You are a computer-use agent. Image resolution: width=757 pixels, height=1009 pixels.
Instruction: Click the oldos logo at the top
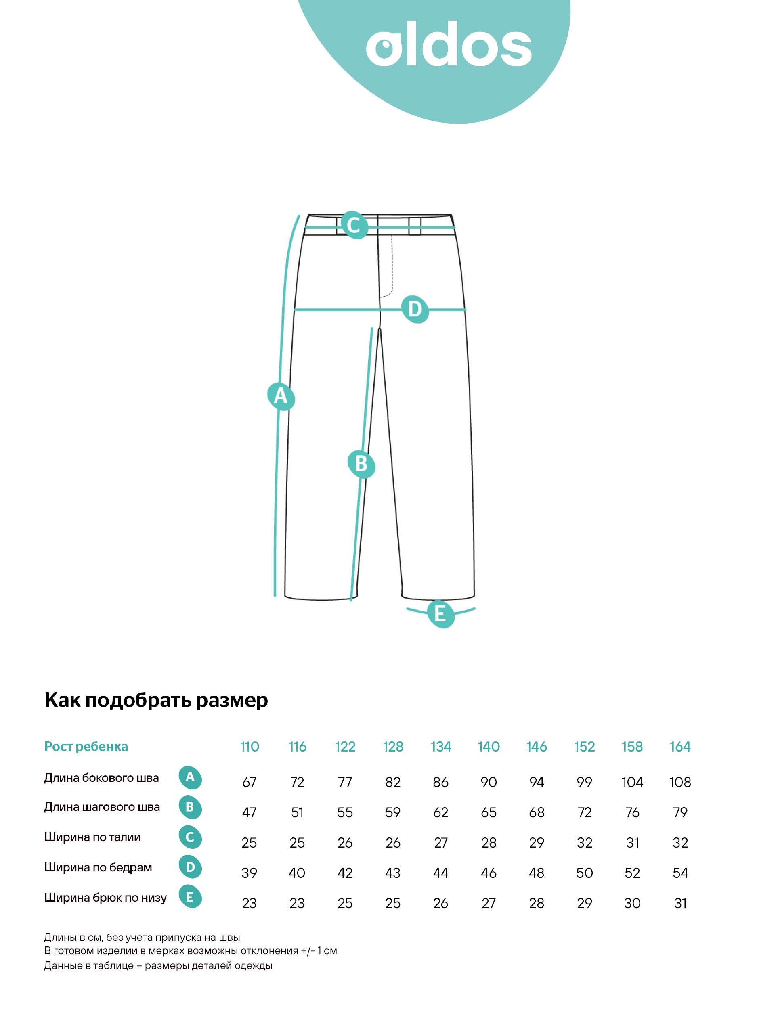tap(449, 44)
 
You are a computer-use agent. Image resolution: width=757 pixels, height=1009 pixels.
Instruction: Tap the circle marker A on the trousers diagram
tap(281, 396)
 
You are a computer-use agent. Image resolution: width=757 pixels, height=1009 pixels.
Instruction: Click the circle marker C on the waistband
tap(354, 225)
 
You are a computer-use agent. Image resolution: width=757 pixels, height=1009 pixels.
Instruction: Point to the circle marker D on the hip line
tap(415, 309)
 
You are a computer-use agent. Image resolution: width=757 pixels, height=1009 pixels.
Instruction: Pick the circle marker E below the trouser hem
tap(440, 613)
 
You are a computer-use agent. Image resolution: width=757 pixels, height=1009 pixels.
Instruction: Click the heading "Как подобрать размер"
tap(156, 700)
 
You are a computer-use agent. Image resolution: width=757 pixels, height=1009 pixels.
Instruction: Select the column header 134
tap(440, 747)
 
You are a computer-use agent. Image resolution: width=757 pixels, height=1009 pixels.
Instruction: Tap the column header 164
tap(679, 747)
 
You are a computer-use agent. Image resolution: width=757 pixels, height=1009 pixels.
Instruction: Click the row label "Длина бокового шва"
tap(101, 778)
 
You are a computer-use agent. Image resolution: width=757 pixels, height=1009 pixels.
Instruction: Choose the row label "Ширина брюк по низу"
tap(105, 898)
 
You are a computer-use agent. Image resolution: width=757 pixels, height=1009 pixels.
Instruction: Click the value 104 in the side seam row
tap(632, 782)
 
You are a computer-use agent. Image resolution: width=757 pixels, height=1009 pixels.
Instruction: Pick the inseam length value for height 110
tap(249, 812)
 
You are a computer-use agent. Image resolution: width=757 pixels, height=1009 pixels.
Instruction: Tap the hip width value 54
tap(679, 873)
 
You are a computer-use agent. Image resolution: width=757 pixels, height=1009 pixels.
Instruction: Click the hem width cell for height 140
tap(488, 903)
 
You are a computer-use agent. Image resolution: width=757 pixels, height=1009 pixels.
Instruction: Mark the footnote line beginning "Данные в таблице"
tap(158, 966)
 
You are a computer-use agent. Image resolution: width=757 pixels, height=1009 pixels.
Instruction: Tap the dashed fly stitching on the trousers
tap(392, 269)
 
